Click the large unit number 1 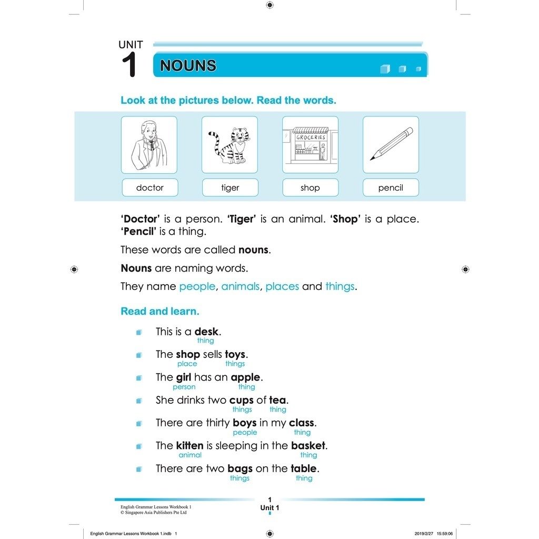(129, 66)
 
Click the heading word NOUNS (188, 66)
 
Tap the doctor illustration (149, 145)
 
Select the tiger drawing (229, 145)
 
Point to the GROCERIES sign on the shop (311, 137)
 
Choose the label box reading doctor (149, 188)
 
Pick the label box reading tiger (230, 188)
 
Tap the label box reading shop (310, 188)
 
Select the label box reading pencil (391, 188)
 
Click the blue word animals (241, 287)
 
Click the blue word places (282, 287)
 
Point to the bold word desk (206, 332)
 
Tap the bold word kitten (189, 446)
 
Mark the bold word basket (308, 446)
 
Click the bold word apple (245, 377)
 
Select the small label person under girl (184, 387)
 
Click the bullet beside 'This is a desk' (138, 333)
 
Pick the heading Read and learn (160, 311)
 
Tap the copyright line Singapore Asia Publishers (154, 512)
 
